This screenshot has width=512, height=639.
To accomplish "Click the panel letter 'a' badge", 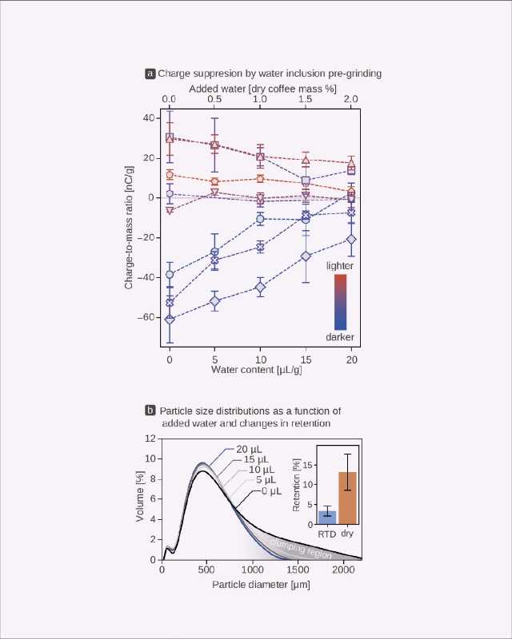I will [x=150, y=73].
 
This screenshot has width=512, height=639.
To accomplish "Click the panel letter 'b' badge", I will [x=150, y=411].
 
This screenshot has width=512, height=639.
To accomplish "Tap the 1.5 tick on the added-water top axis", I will [x=306, y=98].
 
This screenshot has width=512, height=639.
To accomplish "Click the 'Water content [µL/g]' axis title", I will [x=261, y=370].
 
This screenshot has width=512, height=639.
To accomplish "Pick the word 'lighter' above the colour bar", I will [x=340, y=264].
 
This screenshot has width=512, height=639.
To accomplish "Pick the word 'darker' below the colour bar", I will [x=339, y=337].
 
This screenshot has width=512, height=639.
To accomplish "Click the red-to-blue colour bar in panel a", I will [x=340, y=301].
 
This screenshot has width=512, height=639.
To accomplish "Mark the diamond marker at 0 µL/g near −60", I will [x=170, y=319].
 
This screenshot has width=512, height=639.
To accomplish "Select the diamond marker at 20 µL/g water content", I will [x=351, y=239].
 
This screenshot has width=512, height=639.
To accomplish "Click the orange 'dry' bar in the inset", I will [x=347, y=498].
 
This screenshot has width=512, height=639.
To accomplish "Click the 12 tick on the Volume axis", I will [x=150, y=439].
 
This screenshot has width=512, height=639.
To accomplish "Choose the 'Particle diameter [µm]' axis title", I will [x=262, y=585].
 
